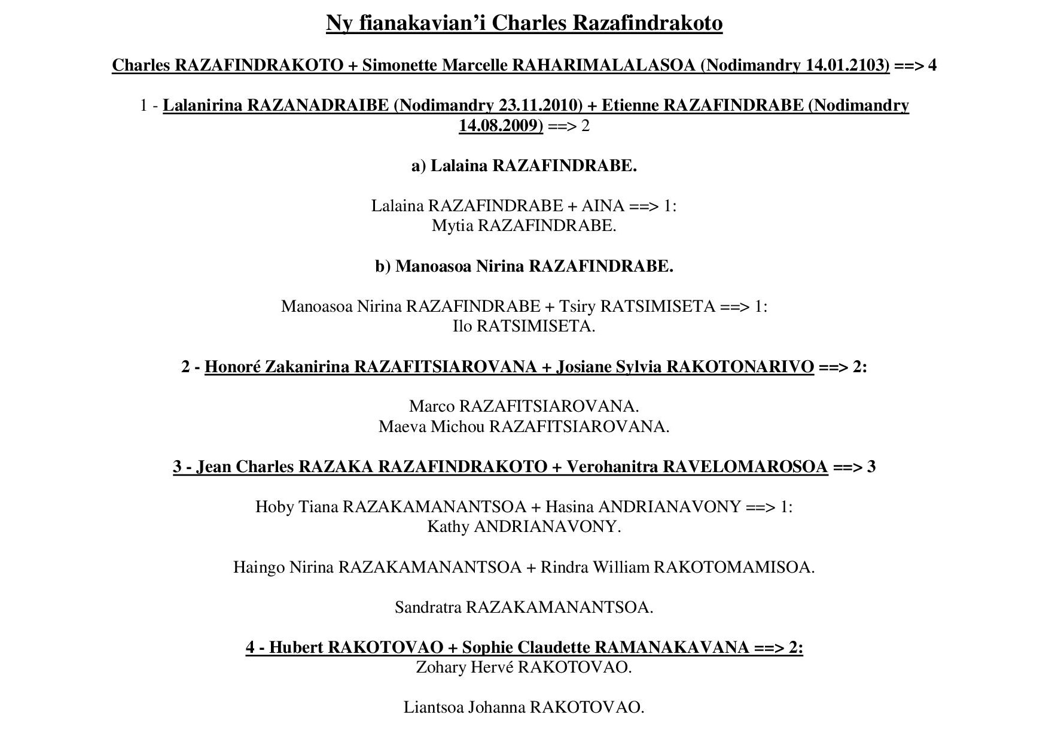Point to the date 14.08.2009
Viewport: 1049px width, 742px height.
click(501, 126)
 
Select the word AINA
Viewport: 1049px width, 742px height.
click(602, 206)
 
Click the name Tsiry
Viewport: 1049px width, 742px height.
click(577, 306)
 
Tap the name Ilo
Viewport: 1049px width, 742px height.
click(462, 326)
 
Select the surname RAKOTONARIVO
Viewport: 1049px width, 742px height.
click(740, 366)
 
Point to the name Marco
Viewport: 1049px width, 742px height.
click(432, 406)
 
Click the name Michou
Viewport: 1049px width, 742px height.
click(458, 427)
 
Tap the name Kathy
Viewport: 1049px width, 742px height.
click(448, 527)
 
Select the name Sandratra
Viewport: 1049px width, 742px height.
click(428, 607)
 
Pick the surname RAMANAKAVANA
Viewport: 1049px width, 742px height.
click(672, 647)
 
